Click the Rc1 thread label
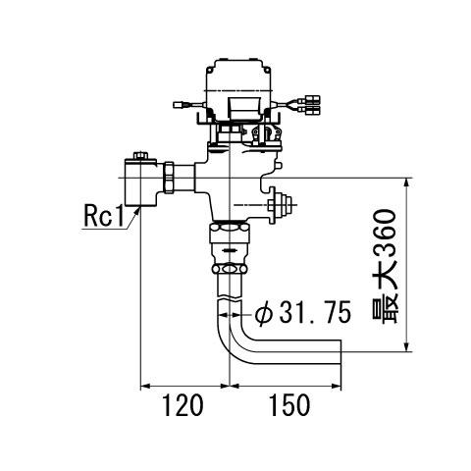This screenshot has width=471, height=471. point(104,216)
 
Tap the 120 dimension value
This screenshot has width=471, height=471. point(183,405)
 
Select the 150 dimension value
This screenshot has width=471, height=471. point(289,405)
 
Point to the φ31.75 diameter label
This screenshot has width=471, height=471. point(303,312)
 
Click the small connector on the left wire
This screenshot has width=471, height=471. point(179,105)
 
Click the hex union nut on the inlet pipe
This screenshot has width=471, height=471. point(168,178)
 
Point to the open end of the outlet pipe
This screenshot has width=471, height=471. point(340,352)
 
